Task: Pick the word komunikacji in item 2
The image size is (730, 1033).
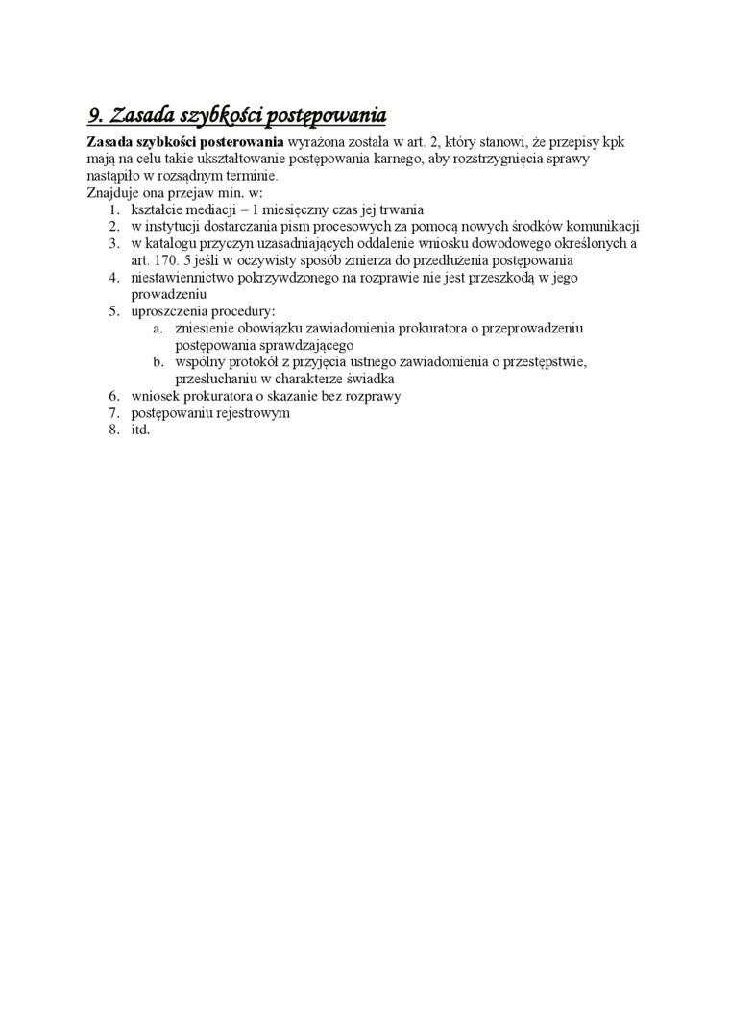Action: point(602,227)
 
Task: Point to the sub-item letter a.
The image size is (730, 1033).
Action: point(158,329)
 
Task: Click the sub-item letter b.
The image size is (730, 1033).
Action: point(158,362)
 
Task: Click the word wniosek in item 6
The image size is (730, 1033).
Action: point(154,396)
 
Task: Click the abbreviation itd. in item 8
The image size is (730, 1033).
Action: point(141,430)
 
